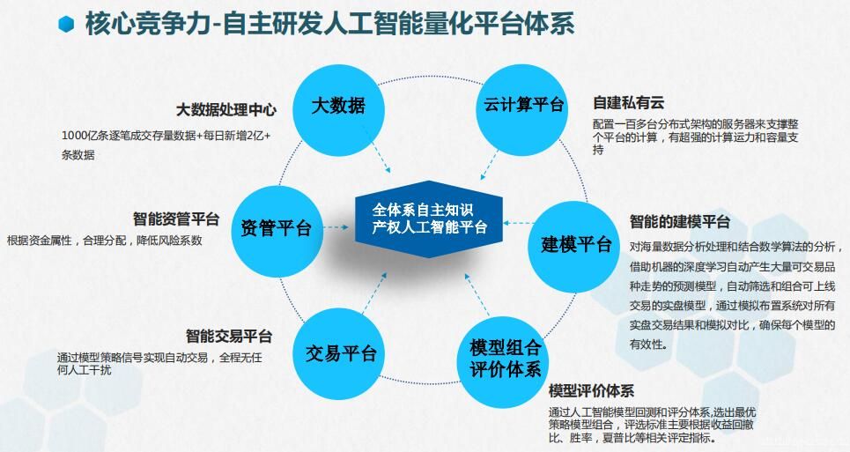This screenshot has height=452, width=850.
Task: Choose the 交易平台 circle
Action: click(x=339, y=354)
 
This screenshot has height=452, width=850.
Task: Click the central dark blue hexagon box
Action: click(x=429, y=219)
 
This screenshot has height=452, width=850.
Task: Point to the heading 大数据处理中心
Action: click(x=226, y=110)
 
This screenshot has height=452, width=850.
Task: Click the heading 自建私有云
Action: click(x=628, y=102)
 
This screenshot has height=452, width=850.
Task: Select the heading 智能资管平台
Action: click(x=176, y=219)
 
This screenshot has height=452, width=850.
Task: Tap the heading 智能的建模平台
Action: click(x=680, y=221)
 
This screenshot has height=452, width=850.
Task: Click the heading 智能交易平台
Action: click(x=229, y=336)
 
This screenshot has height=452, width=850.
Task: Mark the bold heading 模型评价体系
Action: click(x=591, y=390)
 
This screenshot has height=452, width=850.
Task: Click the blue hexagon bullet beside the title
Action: click(x=66, y=25)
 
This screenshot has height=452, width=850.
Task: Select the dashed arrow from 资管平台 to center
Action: click(x=336, y=227)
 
